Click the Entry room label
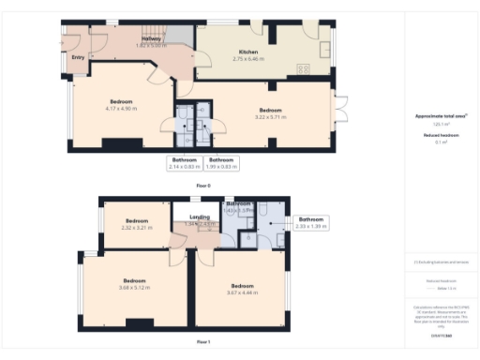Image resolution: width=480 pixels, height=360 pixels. pyautogui.click(x=78, y=56)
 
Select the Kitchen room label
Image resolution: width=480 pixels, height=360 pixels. pyautogui.click(x=248, y=53)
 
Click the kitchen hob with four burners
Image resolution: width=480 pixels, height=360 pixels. pyautogui.click(x=304, y=67)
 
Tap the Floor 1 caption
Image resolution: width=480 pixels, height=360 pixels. pyautogui.click(x=203, y=342)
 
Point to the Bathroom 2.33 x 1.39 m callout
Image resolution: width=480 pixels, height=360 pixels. pyautogui.click(x=310, y=222)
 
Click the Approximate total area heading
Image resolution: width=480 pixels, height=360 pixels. pyautogui.click(x=441, y=115)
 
